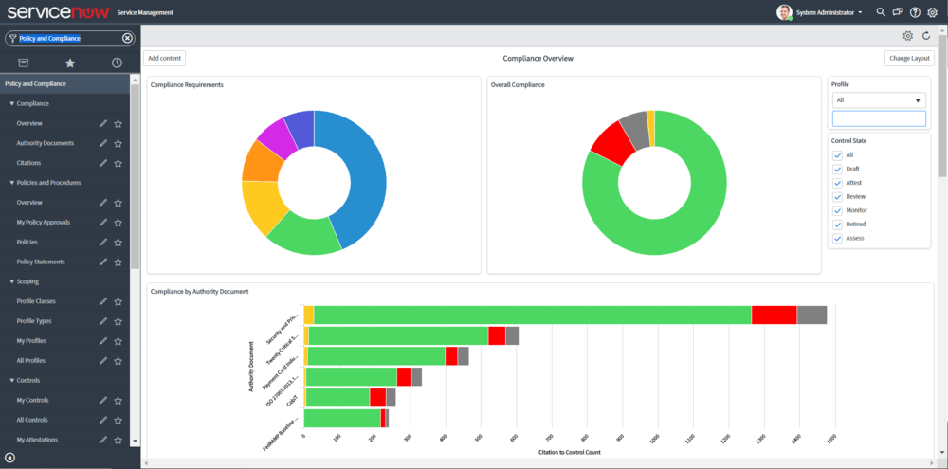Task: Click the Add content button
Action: pyautogui.click(x=165, y=58)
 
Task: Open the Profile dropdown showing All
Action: pyautogui.click(x=878, y=99)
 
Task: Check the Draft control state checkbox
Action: pyautogui.click(x=837, y=169)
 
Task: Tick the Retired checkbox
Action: pyautogui.click(x=837, y=225)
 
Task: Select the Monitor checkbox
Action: pyautogui.click(x=837, y=210)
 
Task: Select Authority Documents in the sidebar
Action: pyautogui.click(x=45, y=143)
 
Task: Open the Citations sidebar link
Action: pyautogui.click(x=28, y=163)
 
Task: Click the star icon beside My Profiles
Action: pyautogui.click(x=118, y=341)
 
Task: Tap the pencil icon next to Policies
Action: pyautogui.click(x=102, y=242)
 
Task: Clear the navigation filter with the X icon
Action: pyautogui.click(x=127, y=38)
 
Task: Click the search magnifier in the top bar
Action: pyautogui.click(x=881, y=12)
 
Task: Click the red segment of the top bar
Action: pyautogui.click(x=774, y=316)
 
